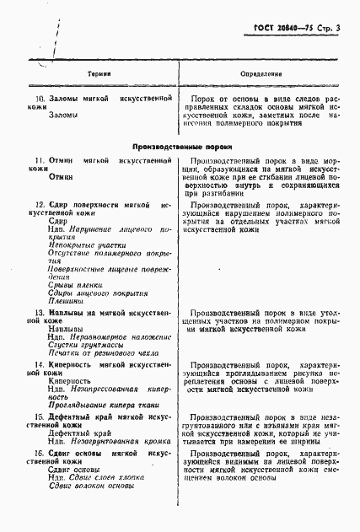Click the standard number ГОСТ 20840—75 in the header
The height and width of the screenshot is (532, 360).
coord(281,30)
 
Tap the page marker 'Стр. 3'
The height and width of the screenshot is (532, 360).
coord(329,30)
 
